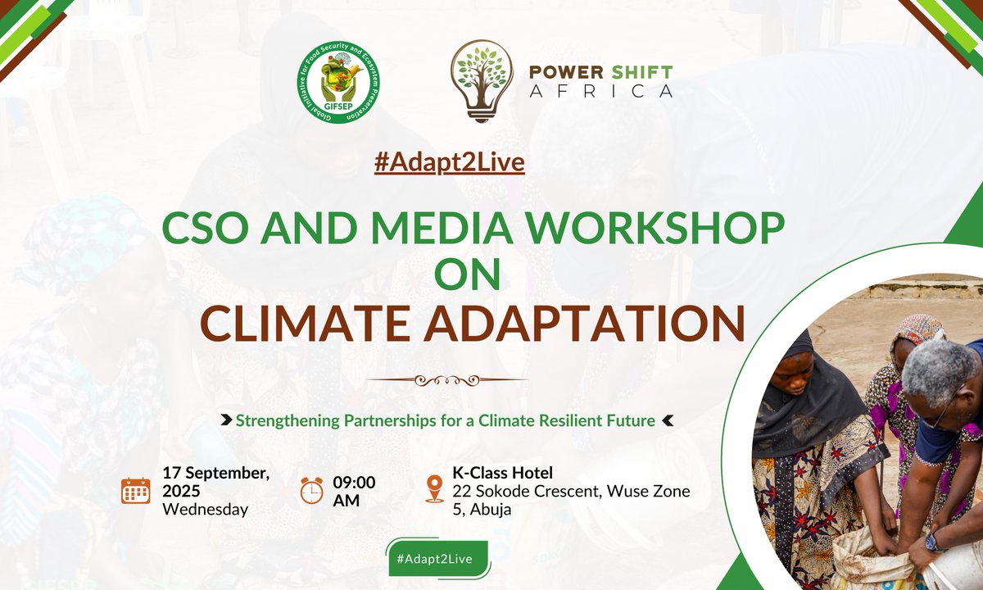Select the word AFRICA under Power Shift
(601, 91)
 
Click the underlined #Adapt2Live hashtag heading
(449, 162)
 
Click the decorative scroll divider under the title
(446, 380)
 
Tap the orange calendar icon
(135, 490)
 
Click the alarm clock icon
(311, 490)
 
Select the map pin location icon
(434, 490)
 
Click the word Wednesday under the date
(205, 510)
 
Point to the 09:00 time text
(354, 481)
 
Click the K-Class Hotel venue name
(502, 473)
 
